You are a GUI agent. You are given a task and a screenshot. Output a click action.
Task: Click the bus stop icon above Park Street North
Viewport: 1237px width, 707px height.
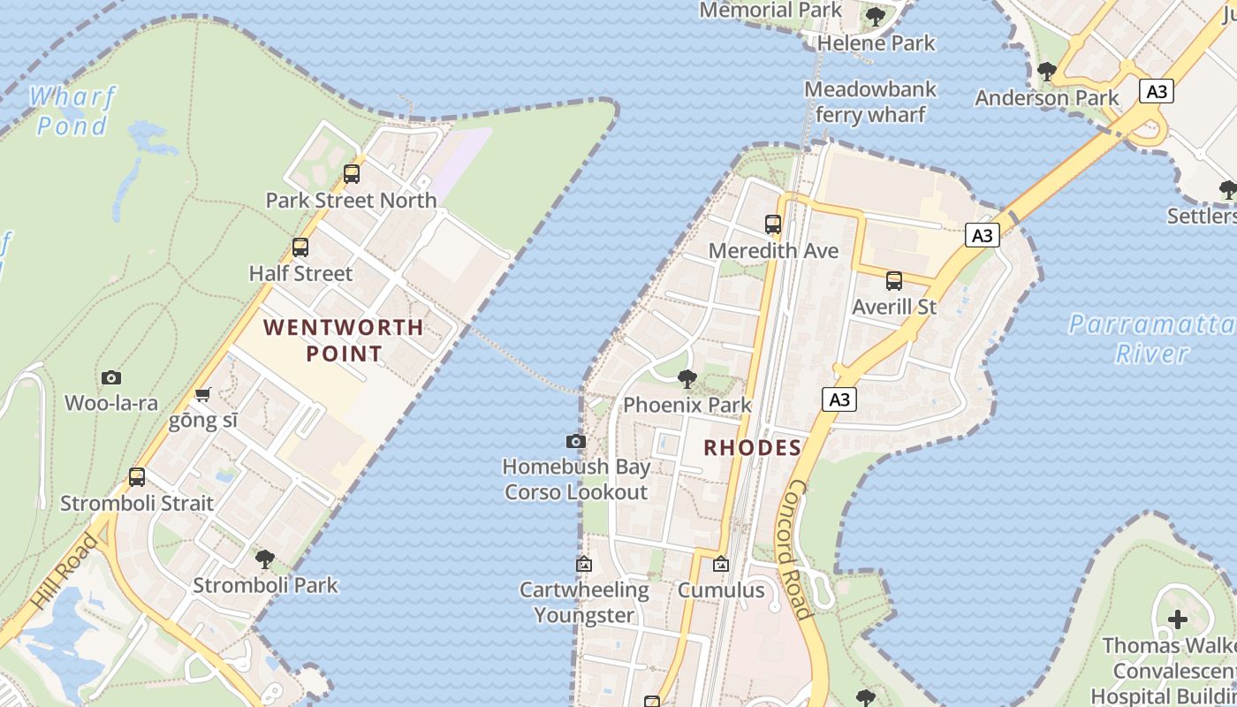click(352, 174)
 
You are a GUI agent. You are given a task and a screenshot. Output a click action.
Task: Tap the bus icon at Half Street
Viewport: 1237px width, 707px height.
click(300, 247)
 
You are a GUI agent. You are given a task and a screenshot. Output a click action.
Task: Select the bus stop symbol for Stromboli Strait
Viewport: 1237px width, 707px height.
click(137, 477)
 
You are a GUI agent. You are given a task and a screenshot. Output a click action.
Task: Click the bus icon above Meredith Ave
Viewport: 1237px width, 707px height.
click(773, 224)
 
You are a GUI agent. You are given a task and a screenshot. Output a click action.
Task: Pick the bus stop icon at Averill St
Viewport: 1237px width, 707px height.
click(894, 282)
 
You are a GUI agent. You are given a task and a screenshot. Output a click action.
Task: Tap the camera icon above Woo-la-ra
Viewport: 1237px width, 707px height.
click(111, 378)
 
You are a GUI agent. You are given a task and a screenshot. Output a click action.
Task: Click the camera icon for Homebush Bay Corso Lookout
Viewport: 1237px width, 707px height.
click(576, 441)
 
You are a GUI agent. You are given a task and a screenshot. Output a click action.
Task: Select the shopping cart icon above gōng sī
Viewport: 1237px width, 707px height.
click(203, 394)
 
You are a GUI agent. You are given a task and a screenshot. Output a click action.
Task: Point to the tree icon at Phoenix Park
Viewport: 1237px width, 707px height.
click(687, 380)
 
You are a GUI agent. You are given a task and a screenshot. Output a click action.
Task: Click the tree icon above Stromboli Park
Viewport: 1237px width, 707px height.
click(264, 559)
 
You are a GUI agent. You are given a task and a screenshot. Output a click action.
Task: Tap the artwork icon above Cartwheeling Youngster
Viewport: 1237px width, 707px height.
click(584, 564)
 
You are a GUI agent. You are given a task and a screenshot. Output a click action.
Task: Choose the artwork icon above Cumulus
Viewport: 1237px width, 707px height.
click(721, 564)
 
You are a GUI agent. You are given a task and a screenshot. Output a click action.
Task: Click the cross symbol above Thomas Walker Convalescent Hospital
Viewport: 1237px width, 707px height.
click(1178, 620)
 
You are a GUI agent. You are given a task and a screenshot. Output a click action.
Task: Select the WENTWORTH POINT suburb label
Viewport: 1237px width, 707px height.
click(344, 340)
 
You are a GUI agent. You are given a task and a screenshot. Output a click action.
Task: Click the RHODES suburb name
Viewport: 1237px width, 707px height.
click(752, 448)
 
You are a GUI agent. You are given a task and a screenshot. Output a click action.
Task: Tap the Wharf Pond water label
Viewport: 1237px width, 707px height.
click(72, 110)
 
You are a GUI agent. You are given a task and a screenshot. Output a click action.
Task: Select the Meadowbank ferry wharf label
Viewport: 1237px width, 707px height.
click(869, 102)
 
